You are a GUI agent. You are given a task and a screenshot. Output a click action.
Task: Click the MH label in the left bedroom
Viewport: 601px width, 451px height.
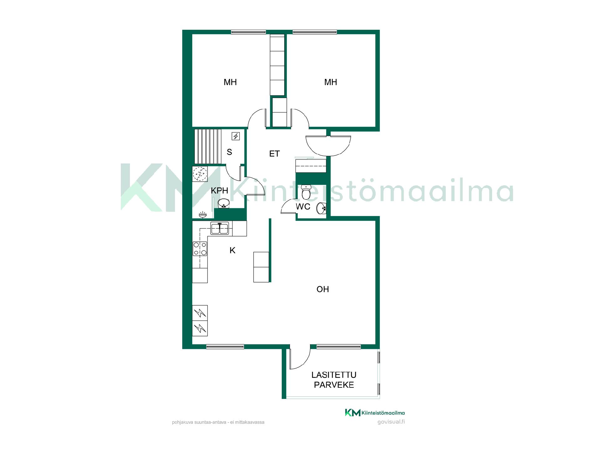[230, 82]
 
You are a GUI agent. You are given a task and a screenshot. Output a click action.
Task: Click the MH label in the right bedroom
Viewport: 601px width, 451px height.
[331, 82]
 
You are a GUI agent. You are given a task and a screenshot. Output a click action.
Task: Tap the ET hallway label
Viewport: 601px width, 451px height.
[275, 154]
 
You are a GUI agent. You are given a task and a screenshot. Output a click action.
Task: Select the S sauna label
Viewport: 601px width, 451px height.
[229, 152]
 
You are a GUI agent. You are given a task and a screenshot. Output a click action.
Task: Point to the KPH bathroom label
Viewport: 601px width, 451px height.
[219, 190]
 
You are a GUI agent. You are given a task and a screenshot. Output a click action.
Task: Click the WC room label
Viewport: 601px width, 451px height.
[303, 207]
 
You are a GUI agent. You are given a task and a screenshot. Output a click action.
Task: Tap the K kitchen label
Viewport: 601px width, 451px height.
[232, 250]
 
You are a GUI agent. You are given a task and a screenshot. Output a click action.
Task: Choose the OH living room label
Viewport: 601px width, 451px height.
[323, 289]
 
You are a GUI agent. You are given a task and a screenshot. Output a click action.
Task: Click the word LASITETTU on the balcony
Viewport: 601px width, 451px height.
[334, 375]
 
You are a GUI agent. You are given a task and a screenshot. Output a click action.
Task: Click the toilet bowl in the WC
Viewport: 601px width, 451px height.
[306, 192]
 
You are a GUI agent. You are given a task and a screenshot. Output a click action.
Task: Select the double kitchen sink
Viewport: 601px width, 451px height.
[220, 228]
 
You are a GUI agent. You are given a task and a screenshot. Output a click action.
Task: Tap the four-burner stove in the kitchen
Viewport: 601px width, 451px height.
[200, 249]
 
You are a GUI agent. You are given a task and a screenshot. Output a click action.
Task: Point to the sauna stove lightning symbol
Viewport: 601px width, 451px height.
[236, 136]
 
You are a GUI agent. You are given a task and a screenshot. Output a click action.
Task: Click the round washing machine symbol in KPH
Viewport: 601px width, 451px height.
[200, 174]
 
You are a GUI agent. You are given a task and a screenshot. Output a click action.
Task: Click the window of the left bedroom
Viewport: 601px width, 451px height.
[249, 32]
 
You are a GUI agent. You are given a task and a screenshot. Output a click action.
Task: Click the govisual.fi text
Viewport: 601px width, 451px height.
[391, 422]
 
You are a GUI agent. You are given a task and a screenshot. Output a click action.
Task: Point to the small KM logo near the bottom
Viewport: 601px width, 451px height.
[352, 413]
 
